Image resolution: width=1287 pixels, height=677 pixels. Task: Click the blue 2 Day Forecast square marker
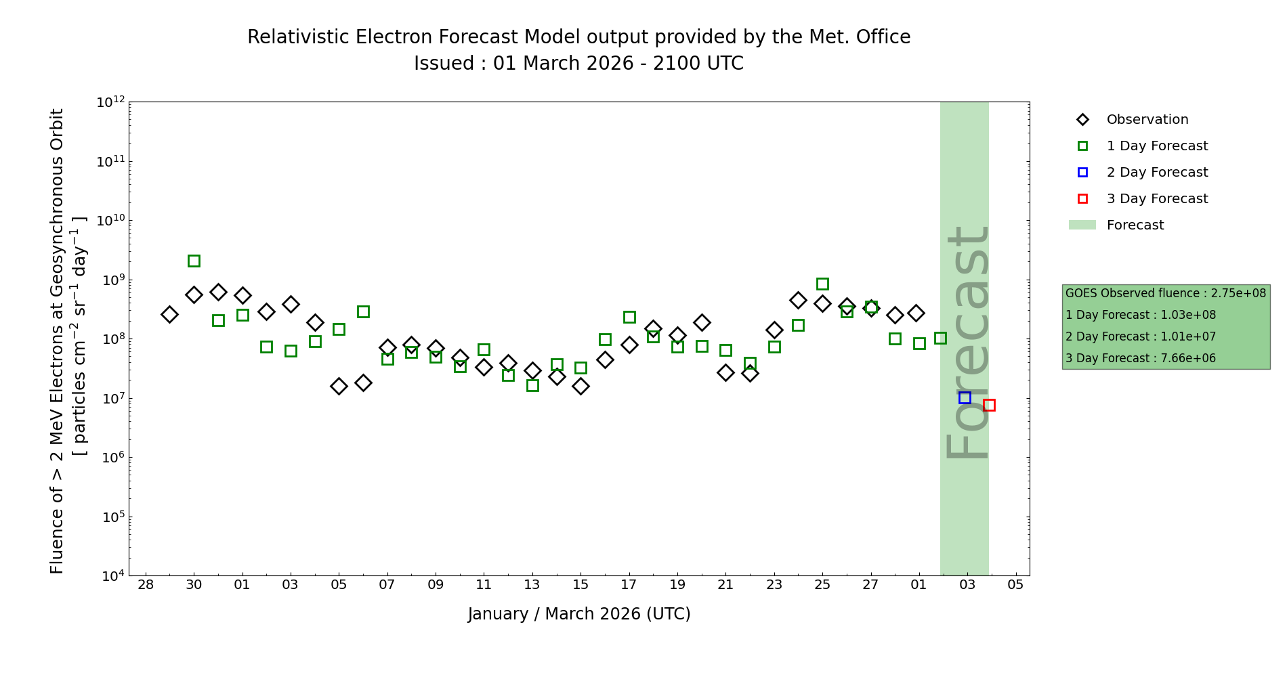965,397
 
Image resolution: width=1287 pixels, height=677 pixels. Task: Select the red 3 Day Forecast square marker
989,405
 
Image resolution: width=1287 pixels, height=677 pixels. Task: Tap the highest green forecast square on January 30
194,261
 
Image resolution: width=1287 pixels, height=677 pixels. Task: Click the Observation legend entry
1147,120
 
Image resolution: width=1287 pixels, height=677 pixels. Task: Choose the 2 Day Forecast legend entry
1156,173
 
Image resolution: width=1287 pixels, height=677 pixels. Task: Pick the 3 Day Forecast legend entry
1156,199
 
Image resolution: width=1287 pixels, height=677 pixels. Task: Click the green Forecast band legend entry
1135,225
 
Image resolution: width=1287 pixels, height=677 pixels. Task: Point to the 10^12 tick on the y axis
110,102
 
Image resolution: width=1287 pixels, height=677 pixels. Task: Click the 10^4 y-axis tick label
110,576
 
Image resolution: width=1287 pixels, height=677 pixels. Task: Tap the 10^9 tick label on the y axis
110,280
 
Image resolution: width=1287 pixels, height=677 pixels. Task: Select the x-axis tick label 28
146,584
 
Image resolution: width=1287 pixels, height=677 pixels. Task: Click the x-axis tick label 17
629,584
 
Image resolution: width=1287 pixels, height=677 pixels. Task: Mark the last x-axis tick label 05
1015,584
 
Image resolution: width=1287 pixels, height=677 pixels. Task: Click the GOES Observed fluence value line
1165,293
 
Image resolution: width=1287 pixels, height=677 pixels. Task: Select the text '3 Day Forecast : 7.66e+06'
1140,358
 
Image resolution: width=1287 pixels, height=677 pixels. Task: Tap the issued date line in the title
578,64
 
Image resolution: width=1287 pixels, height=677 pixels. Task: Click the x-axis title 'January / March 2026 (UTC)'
578,614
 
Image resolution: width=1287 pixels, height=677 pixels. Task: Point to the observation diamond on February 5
339,386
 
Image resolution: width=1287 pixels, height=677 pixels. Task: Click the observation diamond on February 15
581,386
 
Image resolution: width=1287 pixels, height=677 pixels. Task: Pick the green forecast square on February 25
822,284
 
